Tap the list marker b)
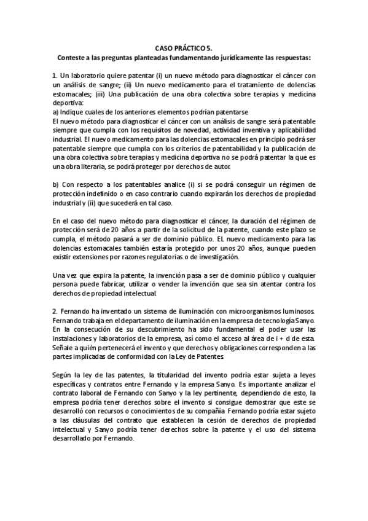(56, 184)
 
